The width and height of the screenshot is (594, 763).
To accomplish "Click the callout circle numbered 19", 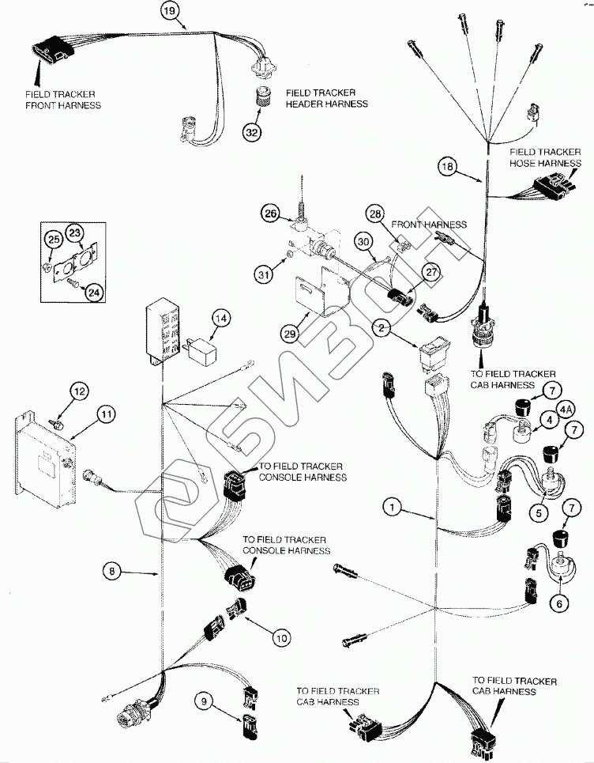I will point(169,11).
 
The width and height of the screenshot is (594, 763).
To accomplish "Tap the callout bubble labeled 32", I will point(252,132).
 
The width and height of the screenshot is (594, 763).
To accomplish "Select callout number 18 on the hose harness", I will point(447,166).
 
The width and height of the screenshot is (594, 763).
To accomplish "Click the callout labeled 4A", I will point(566,410).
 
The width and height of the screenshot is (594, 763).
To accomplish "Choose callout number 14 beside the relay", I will point(221,319).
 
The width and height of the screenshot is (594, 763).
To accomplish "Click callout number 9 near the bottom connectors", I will point(205,699).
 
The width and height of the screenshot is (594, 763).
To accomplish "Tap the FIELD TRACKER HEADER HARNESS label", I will point(326,99).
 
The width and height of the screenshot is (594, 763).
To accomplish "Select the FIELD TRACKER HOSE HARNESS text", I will point(544,157).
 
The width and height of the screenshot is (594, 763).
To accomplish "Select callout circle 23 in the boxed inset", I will point(74,232).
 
